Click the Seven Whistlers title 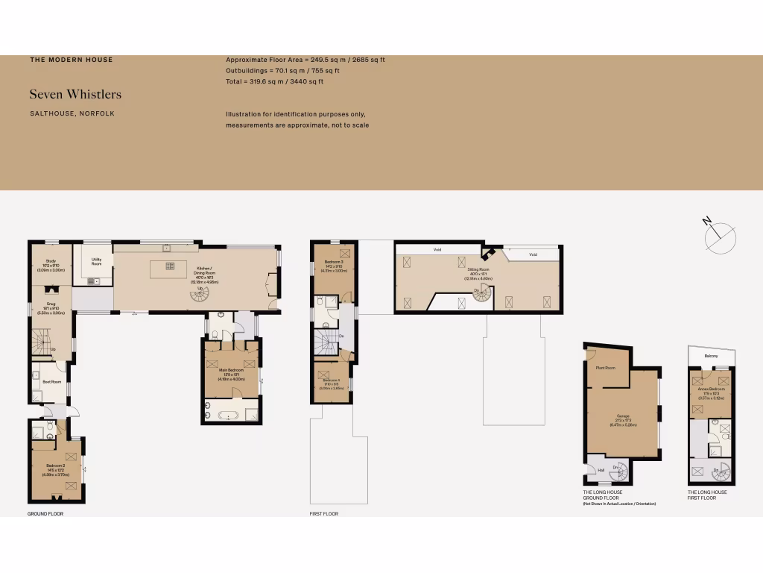(75, 95)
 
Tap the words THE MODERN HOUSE (72, 60)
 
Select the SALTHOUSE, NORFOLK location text (72, 113)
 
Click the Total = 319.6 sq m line (274, 81)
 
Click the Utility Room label (97, 262)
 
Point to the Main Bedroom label (232, 371)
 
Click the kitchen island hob (170, 266)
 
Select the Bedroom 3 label (333, 263)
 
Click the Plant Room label (605, 368)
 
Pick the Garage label (623, 416)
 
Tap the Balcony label (712, 356)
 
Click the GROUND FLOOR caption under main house (45, 513)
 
